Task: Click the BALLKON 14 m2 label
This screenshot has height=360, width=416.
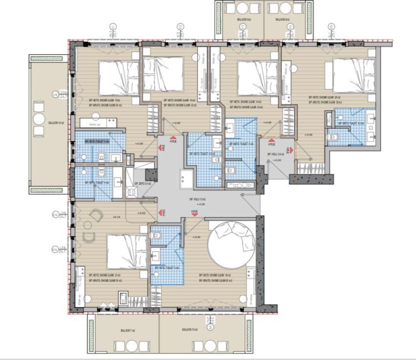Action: pos(53,123)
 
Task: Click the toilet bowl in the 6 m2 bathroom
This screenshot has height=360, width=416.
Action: pos(158,235)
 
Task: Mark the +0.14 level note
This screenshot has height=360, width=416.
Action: pos(117,217)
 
